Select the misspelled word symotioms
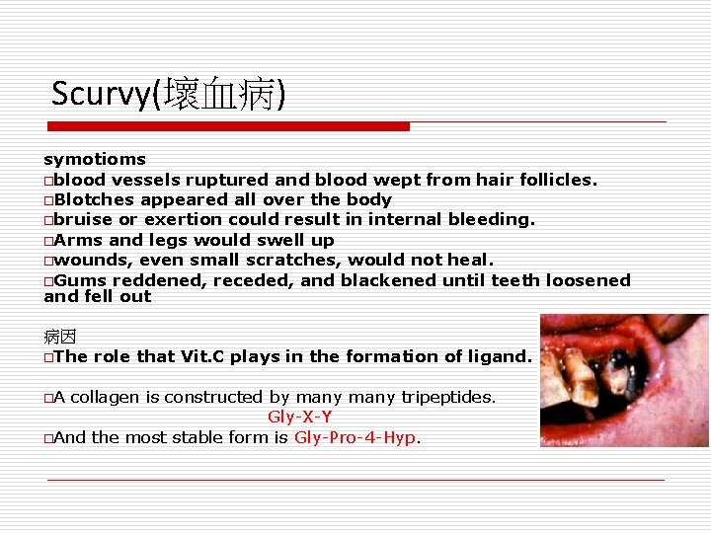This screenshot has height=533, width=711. coord(95,159)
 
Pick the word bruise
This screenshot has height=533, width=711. coord(83,219)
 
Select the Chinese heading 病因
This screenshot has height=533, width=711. coord(59,338)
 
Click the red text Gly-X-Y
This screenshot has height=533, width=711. coord(299,417)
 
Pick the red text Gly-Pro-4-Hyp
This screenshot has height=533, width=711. coord(355,437)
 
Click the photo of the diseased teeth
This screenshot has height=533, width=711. coord(623,380)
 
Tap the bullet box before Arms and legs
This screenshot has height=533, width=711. coord(48,241)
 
